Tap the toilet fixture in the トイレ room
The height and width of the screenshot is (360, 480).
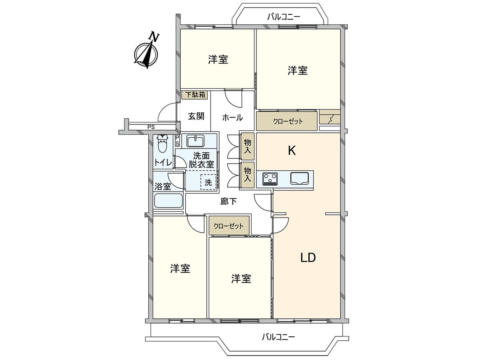pos(162,144)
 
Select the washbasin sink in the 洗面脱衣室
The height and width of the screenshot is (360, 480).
pos(195,141)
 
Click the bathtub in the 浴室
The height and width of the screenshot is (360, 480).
pos(168,201)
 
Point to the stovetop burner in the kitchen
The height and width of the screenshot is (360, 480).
pos(270,179)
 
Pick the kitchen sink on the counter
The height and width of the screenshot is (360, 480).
pos(300,178)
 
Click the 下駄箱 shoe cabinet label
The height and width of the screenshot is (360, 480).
pos(195,95)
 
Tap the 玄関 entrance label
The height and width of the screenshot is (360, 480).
pos(196,116)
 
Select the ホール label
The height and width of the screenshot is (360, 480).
pos(232,118)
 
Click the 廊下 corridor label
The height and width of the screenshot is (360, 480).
pos(228,201)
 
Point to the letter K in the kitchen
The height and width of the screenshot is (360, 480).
pos(292,150)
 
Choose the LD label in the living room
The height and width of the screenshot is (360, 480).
pos(308,258)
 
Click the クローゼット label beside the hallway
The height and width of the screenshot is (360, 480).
pos(228,226)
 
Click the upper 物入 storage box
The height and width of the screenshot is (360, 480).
pos(247,146)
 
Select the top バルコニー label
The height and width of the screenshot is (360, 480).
pos(284,17)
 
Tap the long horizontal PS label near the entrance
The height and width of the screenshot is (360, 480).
pos(151,127)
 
